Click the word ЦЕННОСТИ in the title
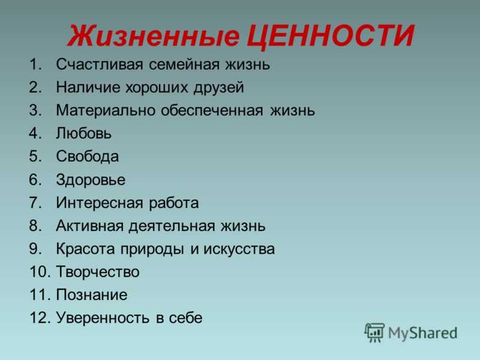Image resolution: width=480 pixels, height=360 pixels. point(331,36)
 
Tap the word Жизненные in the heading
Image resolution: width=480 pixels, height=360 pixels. point(154,36)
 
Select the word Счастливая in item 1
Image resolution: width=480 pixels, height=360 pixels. point(100,65)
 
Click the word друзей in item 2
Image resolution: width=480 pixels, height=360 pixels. point(218,88)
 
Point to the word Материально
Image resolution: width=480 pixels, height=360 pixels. point(106,110)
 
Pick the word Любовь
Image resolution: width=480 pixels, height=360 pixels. point(83,133)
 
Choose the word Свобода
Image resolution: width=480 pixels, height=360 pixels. point(87,156)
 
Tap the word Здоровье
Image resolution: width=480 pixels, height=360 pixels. point(91,179)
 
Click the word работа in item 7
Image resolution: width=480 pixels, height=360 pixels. point(173,202)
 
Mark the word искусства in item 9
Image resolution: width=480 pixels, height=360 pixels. point(239,249)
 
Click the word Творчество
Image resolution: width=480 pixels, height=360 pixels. point(98,272)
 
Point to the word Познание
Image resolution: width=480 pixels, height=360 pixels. point(92,295)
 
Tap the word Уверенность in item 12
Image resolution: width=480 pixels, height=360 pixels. point(103,318)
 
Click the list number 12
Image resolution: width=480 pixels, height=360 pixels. point(40,318)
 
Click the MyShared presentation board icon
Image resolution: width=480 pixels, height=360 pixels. point(374,332)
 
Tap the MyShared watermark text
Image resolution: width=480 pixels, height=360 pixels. point(423,333)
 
